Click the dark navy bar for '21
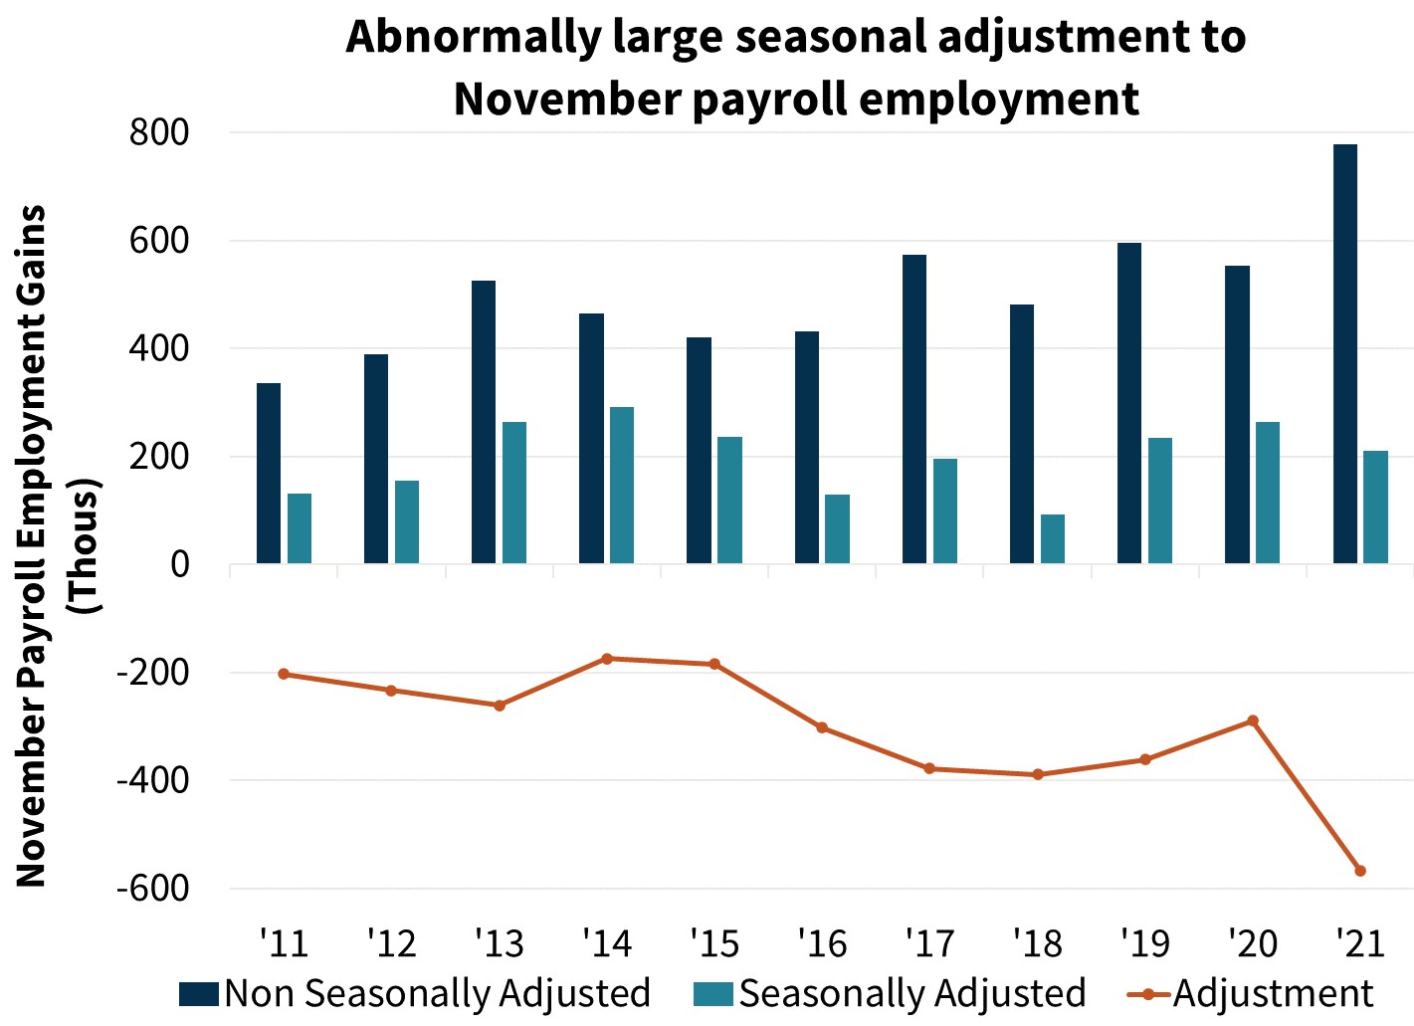[1344, 354]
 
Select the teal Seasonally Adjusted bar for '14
[622, 486]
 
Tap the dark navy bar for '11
[269, 474]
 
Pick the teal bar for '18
[1053, 539]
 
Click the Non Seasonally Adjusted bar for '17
[914, 410]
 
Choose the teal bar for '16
[837, 529]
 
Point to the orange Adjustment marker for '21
[1360, 871]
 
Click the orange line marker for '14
[607, 659]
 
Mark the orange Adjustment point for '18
[1038, 774]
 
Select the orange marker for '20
[1253, 720]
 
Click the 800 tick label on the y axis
[159, 132]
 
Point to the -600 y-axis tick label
[152, 888]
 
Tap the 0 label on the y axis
[179, 564]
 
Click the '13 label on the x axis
[499, 942]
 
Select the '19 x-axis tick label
[1145, 942]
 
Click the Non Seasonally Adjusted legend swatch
[199, 993]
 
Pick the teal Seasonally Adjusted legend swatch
[713, 993]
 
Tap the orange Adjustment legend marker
[1148, 993]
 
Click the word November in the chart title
[564, 99]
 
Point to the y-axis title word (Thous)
[83, 546]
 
